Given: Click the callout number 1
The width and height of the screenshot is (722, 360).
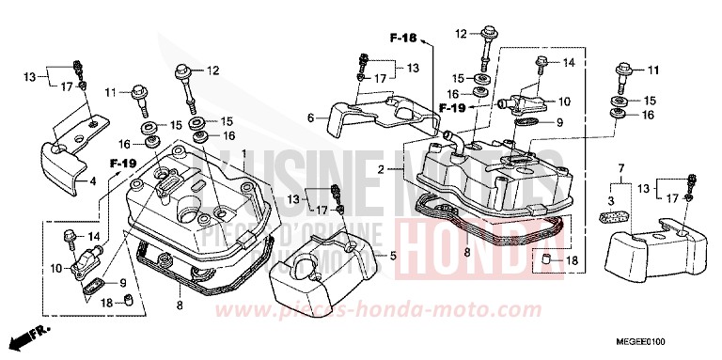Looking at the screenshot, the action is (243, 153).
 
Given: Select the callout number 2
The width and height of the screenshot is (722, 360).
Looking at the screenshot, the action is (382, 169).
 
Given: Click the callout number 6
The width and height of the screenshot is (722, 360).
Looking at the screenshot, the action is (310, 117).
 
